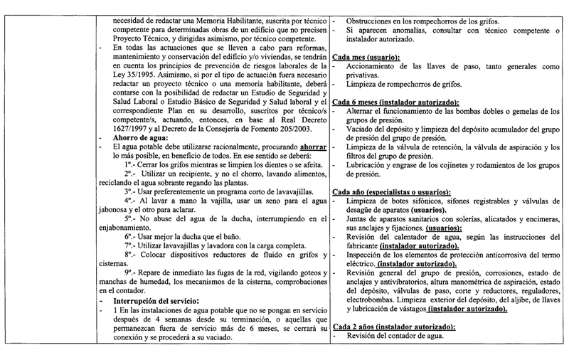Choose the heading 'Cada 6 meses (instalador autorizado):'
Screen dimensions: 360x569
(x=396, y=102)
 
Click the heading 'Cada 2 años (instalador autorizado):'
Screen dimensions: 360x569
(x=393, y=327)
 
